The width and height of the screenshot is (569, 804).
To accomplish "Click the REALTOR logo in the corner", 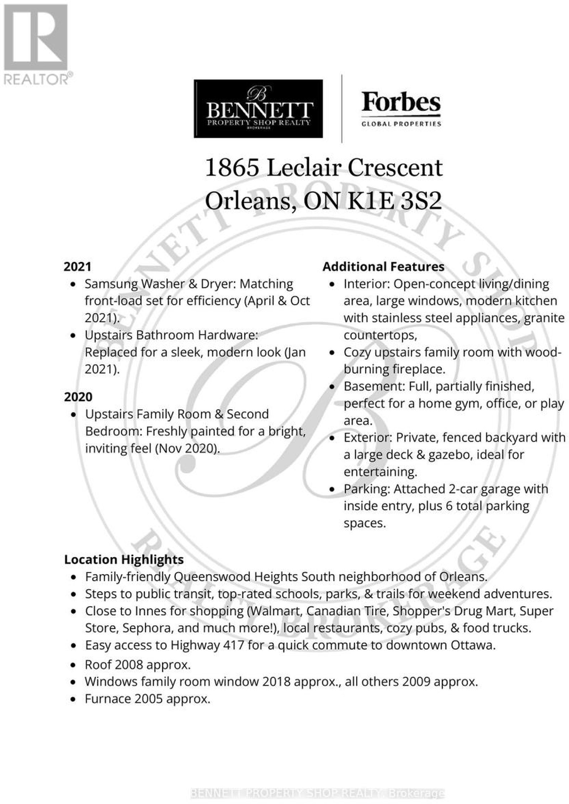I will pyautogui.click(x=36, y=43).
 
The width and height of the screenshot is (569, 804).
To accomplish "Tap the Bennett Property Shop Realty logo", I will pyautogui.click(x=258, y=108).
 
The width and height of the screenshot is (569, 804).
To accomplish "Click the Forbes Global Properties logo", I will pyautogui.click(x=401, y=109).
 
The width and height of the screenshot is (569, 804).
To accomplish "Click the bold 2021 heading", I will pyautogui.click(x=78, y=267).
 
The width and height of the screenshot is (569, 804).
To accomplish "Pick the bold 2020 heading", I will pyautogui.click(x=78, y=397).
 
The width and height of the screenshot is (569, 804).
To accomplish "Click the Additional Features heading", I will pyautogui.click(x=383, y=267).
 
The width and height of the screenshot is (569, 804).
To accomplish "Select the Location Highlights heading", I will pyautogui.click(x=124, y=559).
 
